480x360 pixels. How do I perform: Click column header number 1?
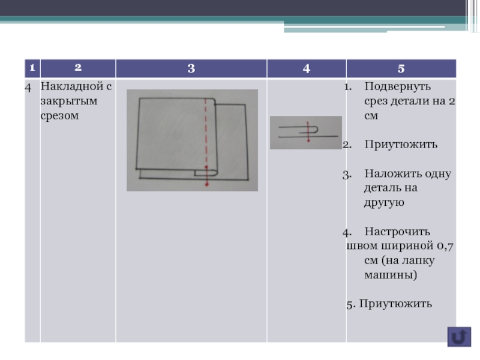28,68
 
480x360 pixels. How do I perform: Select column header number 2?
77,68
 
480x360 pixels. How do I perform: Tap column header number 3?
191,68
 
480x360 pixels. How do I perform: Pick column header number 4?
307,68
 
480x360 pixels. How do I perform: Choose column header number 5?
400,68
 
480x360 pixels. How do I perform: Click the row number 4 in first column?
28,86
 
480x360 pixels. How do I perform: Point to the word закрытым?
60,101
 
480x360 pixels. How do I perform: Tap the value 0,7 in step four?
444,246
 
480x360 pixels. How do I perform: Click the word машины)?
390,275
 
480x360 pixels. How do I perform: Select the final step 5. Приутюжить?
389,304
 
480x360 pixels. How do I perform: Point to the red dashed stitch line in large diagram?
205,132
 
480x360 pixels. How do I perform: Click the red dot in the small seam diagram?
308,140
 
